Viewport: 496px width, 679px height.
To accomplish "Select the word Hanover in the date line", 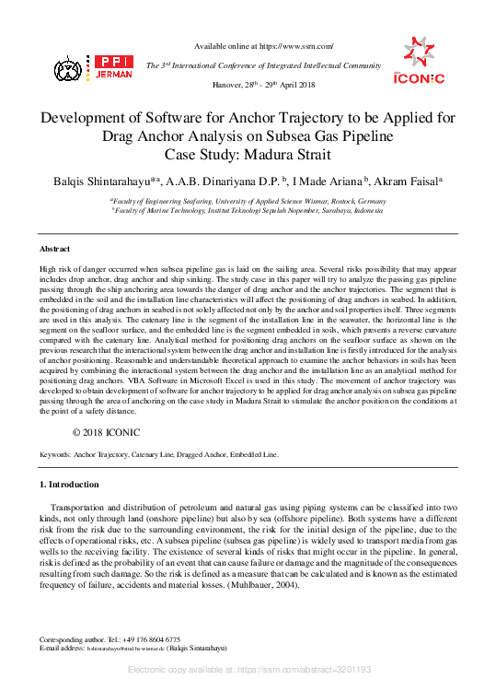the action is pos(228,84).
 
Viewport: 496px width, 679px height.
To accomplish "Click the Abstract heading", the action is pos(54,250).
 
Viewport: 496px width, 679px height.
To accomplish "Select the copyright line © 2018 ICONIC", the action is pos(106,431).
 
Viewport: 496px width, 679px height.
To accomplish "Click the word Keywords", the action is pos(54,455).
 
